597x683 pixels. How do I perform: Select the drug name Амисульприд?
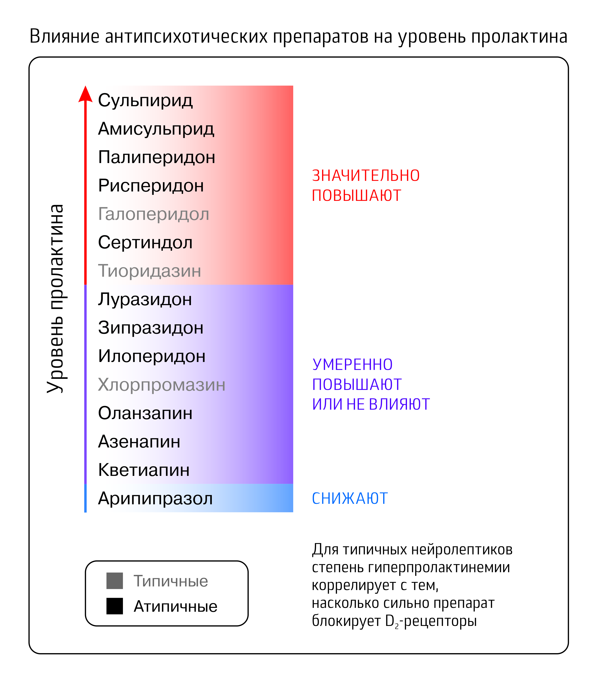click(156, 129)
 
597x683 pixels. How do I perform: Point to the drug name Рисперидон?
click(151, 185)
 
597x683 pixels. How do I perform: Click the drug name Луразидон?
click(145, 299)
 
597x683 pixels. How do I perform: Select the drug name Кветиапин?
click(144, 470)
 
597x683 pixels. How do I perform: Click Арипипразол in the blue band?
click(155, 498)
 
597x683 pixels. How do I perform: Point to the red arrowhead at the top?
click(85, 94)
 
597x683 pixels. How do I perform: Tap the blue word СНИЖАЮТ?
click(349, 499)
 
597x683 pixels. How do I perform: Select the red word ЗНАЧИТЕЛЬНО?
click(365, 176)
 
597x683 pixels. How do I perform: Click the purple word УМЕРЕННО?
click(352, 365)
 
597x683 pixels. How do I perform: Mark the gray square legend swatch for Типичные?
click(114, 581)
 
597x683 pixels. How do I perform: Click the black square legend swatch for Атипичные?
click(114, 606)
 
